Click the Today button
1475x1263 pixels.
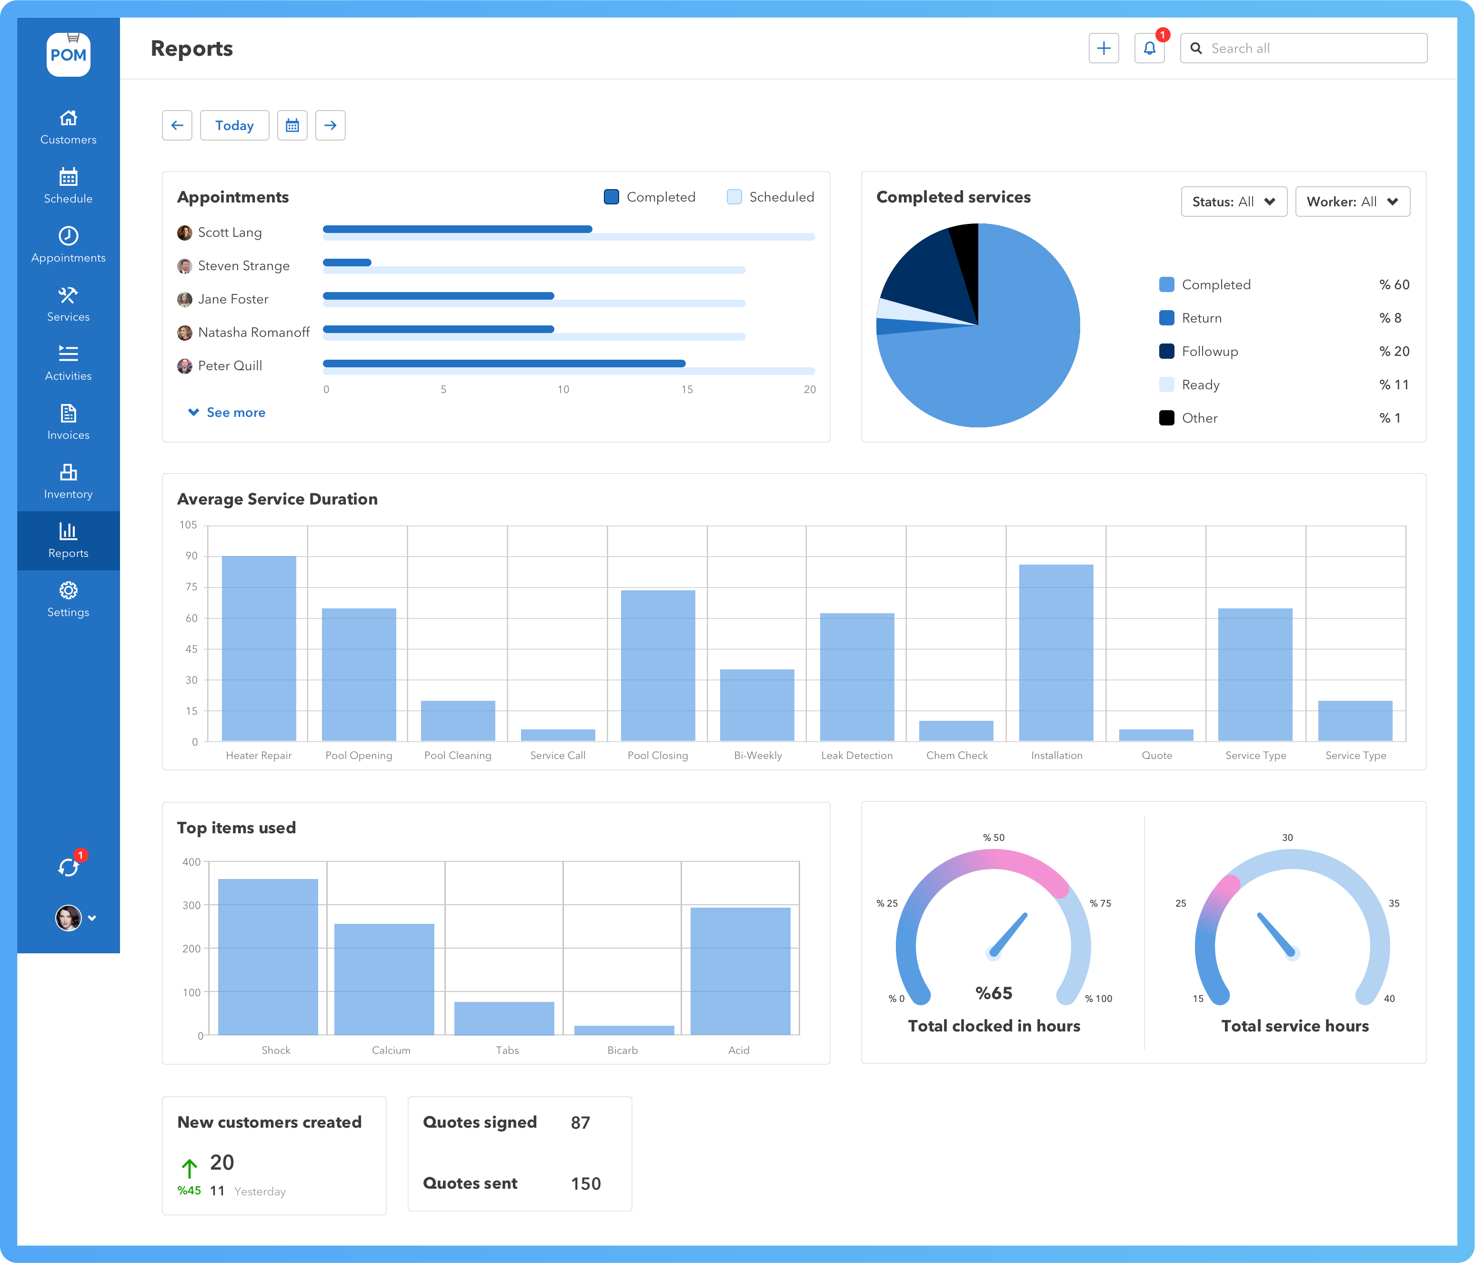click(234, 125)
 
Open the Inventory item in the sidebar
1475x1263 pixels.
click(68, 481)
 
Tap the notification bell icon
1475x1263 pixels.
click(1149, 49)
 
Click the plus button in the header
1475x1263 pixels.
click(1104, 49)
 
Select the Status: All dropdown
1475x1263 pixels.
click(1233, 202)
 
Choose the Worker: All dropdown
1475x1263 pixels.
click(1352, 202)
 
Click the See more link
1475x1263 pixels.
click(235, 412)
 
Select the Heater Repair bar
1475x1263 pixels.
click(259, 648)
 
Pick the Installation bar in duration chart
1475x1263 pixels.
click(1056, 652)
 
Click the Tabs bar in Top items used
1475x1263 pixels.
click(504, 1018)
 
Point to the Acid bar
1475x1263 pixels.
click(740, 970)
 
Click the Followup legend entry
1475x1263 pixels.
click(1209, 351)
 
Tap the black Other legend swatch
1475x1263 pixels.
click(1166, 418)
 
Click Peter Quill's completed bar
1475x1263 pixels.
click(504, 363)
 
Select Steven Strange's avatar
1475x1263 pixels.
click(184, 266)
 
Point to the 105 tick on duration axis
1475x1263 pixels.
click(188, 525)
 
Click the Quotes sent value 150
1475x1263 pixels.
click(585, 1183)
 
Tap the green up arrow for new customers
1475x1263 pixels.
click(189, 1168)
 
